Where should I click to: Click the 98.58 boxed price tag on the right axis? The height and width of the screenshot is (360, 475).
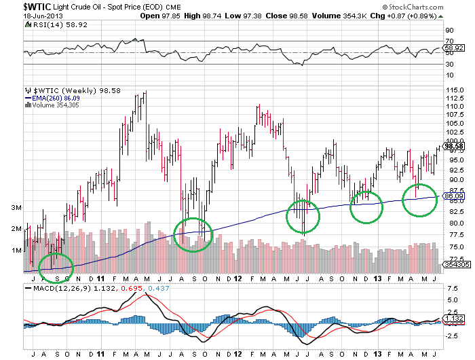tap(453, 145)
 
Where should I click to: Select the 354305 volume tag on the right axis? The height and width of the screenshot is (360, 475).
tap(454, 264)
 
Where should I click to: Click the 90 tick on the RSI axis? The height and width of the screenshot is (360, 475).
tap(449, 31)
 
